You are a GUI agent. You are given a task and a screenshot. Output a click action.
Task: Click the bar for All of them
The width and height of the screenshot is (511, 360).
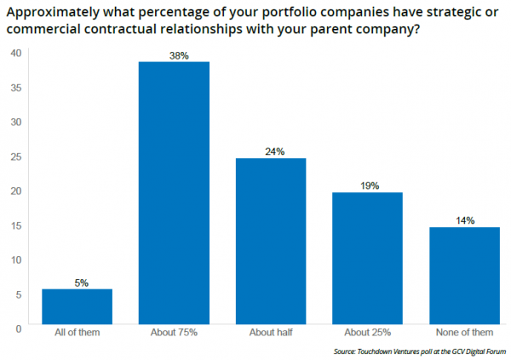pos(78,308)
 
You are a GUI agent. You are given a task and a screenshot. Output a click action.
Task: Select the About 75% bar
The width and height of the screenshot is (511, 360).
pos(175,194)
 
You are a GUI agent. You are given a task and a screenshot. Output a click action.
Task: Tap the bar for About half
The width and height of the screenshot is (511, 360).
pos(271,243)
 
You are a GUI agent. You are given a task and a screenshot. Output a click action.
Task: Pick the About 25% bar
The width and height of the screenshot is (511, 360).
pos(367,260)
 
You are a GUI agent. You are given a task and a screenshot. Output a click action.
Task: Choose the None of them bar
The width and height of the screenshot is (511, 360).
pos(464,277)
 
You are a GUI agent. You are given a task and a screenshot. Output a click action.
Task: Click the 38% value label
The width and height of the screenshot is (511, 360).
pos(175,54)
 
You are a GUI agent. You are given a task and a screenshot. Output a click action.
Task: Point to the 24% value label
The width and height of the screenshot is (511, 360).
pos(271,151)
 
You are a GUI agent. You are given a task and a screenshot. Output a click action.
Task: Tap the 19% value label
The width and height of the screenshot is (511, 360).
pos(367,186)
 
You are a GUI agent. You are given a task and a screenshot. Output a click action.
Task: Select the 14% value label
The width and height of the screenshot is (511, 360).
pos(464,220)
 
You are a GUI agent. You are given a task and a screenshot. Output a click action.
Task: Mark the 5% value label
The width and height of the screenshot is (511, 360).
pos(78,283)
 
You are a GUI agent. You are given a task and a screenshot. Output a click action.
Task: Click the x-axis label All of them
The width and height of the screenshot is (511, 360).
pos(78,333)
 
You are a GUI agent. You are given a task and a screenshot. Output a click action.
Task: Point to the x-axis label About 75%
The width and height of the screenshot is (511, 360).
pos(175,333)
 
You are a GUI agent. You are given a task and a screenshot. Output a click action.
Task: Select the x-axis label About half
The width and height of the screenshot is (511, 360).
pos(271,333)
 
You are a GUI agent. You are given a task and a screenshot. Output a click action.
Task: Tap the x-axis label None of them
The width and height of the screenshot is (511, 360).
pos(464,333)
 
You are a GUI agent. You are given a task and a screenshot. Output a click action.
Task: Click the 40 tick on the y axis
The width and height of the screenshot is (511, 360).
pos(15,53)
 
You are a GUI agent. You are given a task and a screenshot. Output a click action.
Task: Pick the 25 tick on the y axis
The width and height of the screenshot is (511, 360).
pos(15,156)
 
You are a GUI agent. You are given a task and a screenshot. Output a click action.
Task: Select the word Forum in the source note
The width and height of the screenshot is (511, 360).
pos(496,350)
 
